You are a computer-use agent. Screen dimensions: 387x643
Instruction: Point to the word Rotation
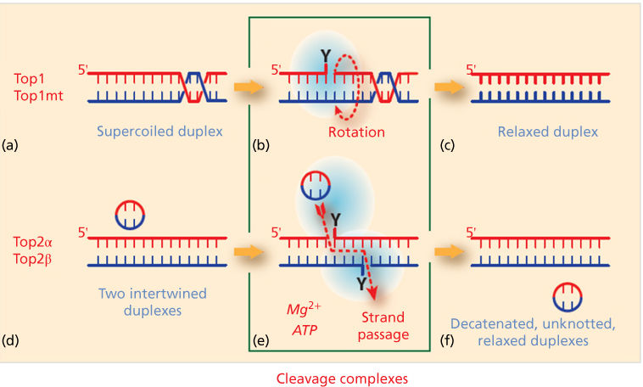[x=357, y=132]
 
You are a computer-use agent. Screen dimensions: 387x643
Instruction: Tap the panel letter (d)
[x=12, y=342]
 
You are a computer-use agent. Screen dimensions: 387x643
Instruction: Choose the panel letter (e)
[x=262, y=342]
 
